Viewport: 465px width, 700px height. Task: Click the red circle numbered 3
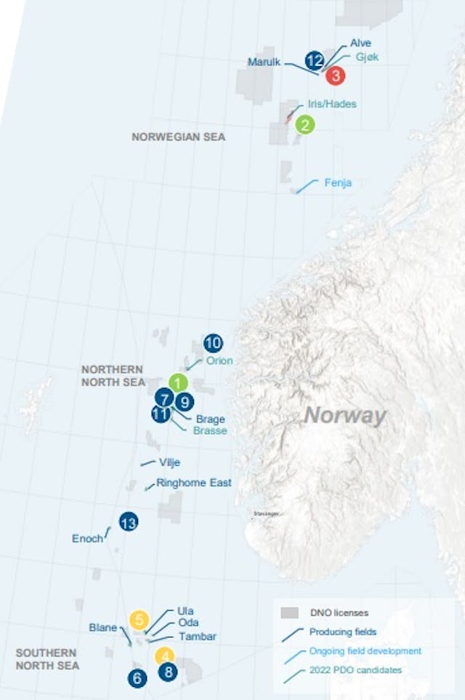pyautogui.click(x=335, y=74)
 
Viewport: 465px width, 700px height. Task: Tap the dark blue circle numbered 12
pyautogui.click(x=315, y=60)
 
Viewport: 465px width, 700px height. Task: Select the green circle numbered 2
pyautogui.click(x=305, y=125)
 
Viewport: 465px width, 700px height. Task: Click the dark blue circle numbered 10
pyautogui.click(x=213, y=343)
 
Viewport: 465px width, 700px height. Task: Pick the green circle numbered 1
pyautogui.click(x=179, y=382)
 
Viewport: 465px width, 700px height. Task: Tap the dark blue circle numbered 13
pyautogui.click(x=129, y=521)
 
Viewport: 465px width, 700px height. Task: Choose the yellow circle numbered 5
pyautogui.click(x=139, y=619)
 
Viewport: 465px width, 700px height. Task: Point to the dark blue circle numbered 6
pyautogui.click(x=137, y=678)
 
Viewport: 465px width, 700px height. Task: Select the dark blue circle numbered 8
pyautogui.click(x=169, y=672)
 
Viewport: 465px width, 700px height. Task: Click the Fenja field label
pyautogui.click(x=338, y=183)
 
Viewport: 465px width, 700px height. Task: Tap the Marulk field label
pyautogui.click(x=264, y=63)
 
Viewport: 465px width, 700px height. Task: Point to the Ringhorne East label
pyautogui.click(x=194, y=483)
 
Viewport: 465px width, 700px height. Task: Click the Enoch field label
pyautogui.click(x=87, y=539)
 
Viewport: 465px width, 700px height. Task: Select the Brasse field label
pyautogui.click(x=210, y=430)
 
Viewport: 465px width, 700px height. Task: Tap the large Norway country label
pyautogui.click(x=344, y=417)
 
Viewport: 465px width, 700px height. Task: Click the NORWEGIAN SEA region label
pyautogui.click(x=179, y=137)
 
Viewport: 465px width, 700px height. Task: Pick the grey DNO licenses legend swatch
pyautogui.click(x=291, y=613)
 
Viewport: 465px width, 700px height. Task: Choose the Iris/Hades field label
pyautogui.click(x=332, y=104)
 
